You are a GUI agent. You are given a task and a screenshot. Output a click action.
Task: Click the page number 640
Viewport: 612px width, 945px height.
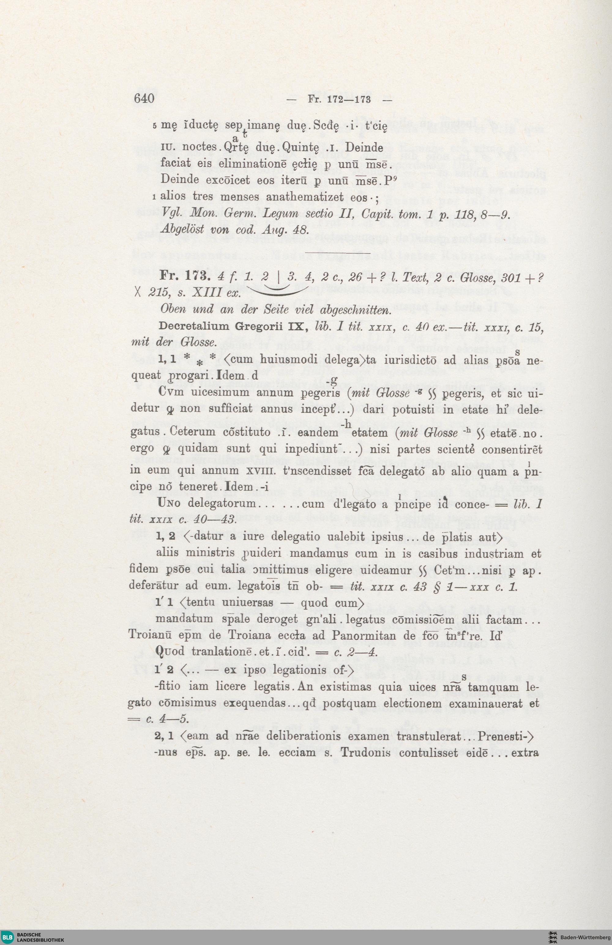144,98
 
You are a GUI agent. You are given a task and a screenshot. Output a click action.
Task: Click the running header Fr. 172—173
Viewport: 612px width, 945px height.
339,99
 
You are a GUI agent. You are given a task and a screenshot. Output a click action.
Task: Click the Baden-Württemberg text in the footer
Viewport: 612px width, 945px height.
585,937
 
